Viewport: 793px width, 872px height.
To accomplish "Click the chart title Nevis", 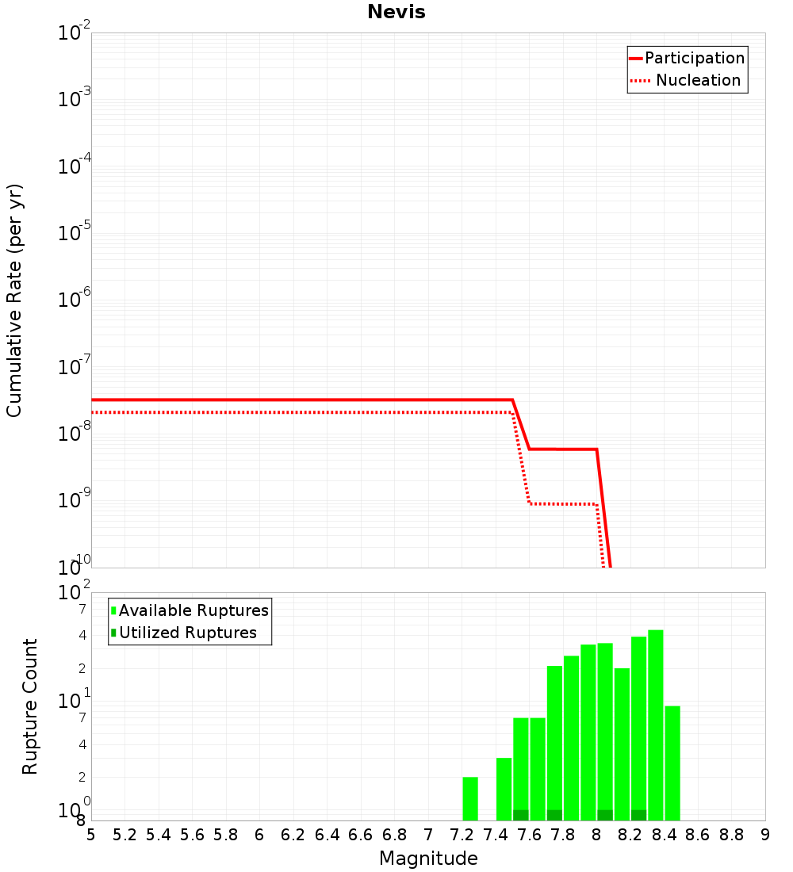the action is tap(396, 12).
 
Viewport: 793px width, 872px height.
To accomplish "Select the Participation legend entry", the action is tap(688, 58).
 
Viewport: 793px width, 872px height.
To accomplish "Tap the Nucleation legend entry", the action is tap(685, 80).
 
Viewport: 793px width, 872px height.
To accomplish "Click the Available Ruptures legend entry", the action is tap(190, 610).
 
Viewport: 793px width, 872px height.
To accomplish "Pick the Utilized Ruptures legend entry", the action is tap(184, 633).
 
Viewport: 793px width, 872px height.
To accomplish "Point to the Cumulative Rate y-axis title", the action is tap(14, 300).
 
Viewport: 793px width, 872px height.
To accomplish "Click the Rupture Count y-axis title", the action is tap(29, 706).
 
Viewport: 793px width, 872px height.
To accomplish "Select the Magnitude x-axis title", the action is tap(428, 858).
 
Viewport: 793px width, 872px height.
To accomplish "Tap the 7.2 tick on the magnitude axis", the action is tap(462, 835).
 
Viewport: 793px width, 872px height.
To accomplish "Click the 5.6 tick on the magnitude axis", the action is tap(192, 835).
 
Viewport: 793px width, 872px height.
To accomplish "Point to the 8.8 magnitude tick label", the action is tap(731, 835).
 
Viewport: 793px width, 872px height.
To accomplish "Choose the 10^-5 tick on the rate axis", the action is tap(75, 232).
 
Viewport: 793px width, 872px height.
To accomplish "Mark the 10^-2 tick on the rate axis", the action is tap(75, 32).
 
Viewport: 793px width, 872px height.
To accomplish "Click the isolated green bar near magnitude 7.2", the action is tap(470, 798).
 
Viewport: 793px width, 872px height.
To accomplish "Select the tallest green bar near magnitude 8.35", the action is tap(656, 725).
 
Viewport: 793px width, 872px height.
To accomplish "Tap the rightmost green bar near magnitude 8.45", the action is tap(672, 763).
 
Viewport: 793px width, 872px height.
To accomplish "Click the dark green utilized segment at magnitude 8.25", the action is tap(639, 815).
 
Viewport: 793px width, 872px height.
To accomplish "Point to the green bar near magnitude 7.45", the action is tap(504, 789).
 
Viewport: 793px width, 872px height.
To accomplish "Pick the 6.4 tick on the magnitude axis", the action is tap(327, 835).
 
